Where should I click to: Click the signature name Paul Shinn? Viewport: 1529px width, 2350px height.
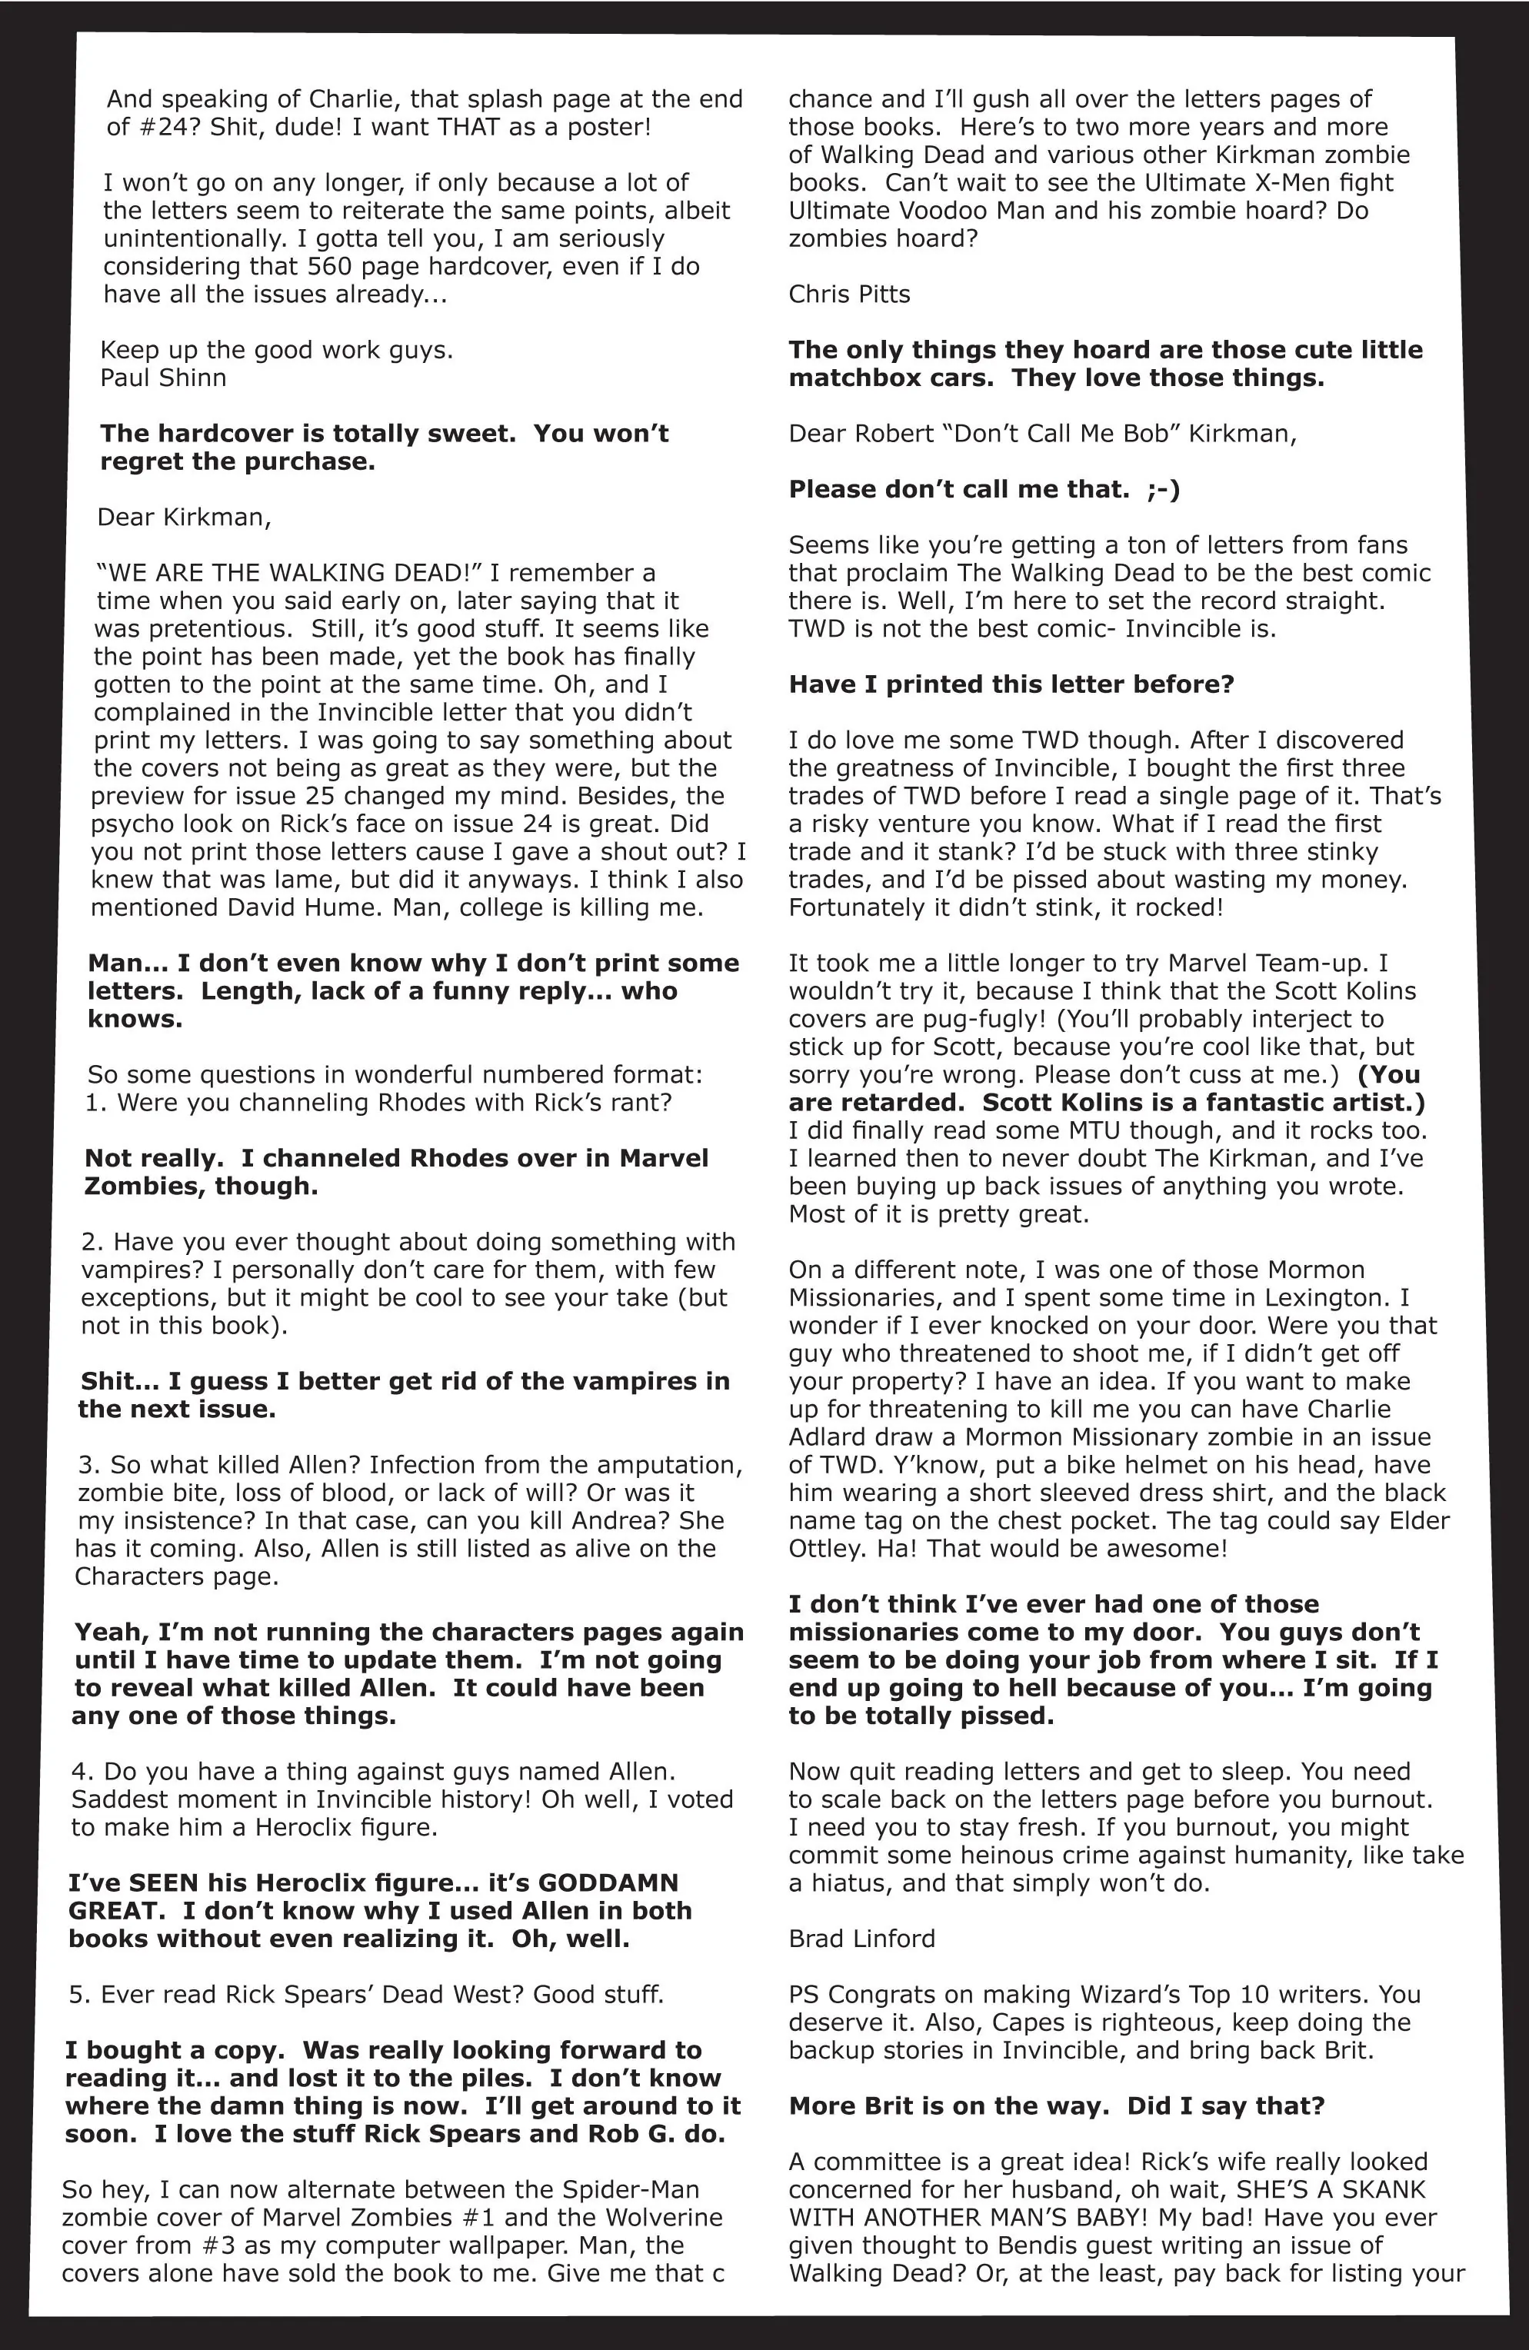(163, 378)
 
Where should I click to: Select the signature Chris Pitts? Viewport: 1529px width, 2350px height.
(848, 295)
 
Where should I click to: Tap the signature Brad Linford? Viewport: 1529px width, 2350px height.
(861, 1939)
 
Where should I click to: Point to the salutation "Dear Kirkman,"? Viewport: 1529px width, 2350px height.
(184, 518)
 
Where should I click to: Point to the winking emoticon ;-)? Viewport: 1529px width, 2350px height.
(1163, 490)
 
